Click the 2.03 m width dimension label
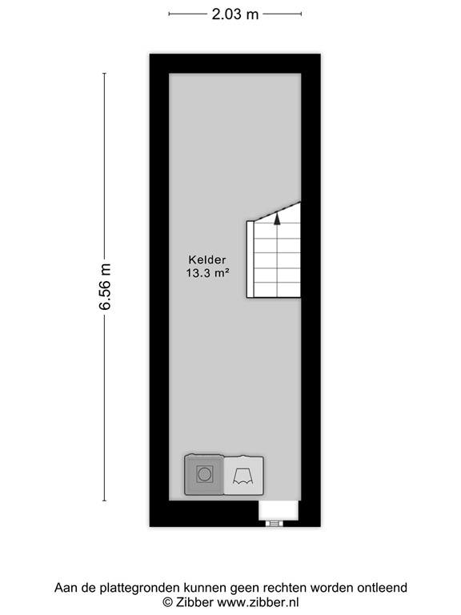click(x=235, y=14)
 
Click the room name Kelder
click(x=207, y=259)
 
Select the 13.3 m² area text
click(x=207, y=272)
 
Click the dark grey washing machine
click(x=204, y=474)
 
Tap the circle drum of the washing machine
click(x=204, y=474)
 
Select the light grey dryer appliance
click(x=243, y=474)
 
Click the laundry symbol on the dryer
click(x=243, y=476)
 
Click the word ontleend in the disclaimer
click(x=381, y=588)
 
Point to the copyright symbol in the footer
click(x=168, y=601)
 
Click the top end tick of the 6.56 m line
click(x=105, y=73)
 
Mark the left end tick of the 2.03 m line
click(x=169, y=14)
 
